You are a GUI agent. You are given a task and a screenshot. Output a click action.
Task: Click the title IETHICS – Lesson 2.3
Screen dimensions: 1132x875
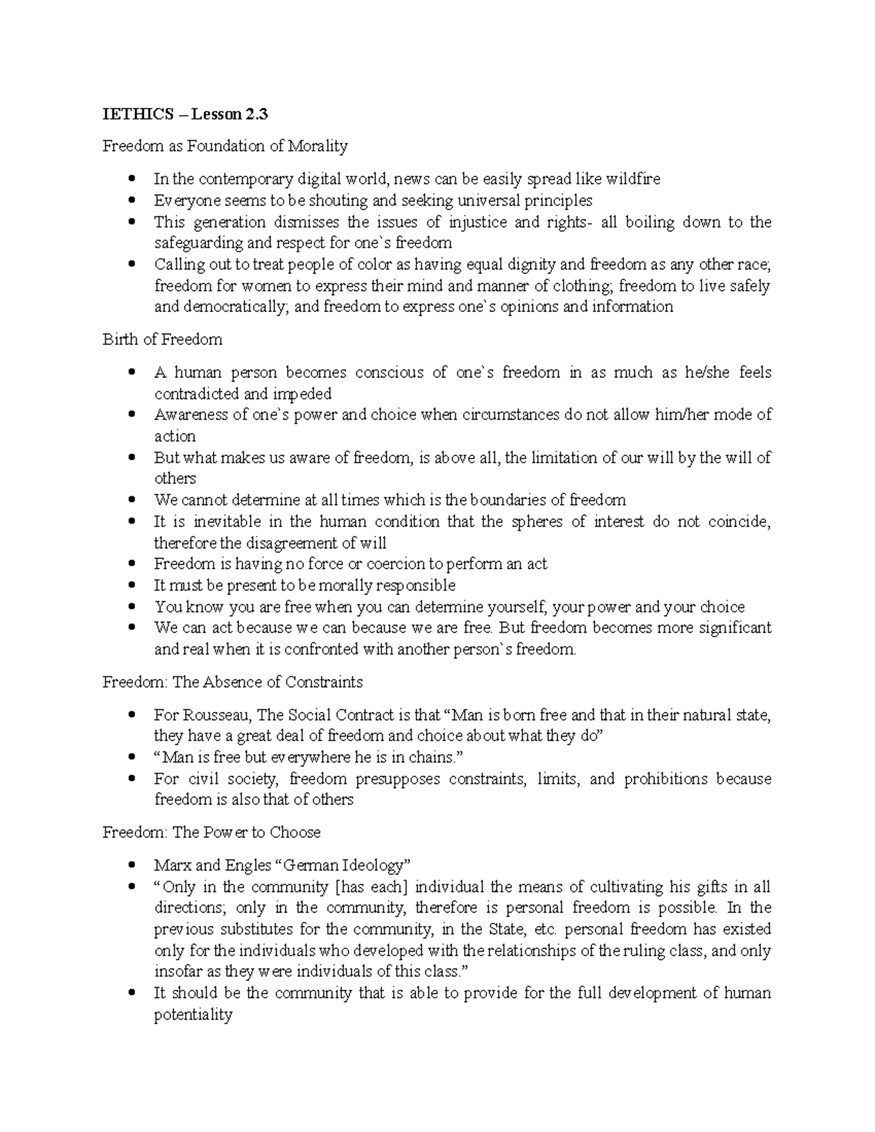185,114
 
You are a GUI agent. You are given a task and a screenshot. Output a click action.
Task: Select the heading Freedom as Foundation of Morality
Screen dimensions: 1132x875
225,147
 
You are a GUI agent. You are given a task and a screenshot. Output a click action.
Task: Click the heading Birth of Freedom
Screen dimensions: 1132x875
163,340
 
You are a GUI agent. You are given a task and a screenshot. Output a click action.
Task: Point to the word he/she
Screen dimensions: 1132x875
707,372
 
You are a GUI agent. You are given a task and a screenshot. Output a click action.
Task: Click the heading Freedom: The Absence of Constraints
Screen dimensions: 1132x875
233,682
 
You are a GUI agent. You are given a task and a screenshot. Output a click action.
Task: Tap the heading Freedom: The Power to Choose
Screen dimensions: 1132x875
211,832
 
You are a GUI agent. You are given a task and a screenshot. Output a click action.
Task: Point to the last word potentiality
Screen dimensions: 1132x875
192,1015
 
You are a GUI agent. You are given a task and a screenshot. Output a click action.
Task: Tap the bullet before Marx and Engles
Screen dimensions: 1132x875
132,866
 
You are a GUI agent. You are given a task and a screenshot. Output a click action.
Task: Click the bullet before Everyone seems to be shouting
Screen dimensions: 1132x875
132,200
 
